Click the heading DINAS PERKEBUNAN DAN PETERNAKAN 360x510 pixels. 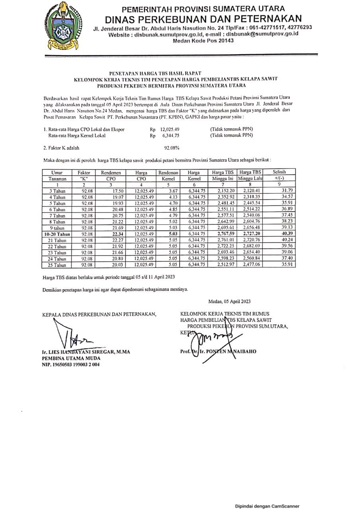pos(203,18)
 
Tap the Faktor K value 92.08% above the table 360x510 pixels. pos(172,148)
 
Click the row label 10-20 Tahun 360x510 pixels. pos(57,234)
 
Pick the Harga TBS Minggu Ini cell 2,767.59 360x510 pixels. pos(223,234)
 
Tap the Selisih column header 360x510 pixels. pos(278,172)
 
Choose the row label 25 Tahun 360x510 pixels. pos(57,265)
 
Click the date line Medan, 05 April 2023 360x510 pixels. pos(229,301)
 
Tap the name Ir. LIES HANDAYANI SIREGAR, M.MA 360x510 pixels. pos(86,352)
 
